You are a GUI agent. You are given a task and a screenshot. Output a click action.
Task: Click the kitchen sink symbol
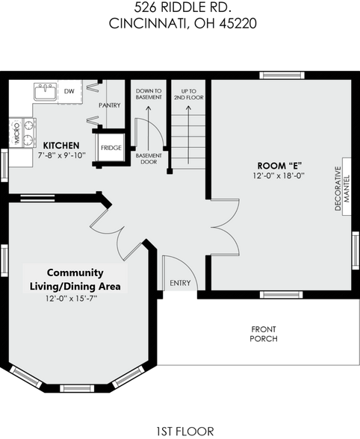[x=45, y=92]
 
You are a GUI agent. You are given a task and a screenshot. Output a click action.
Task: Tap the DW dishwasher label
[x=69, y=91]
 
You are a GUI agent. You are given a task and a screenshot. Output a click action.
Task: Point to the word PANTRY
[x=109, y=105]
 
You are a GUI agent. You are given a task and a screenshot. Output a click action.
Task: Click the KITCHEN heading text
[x=61, y=145]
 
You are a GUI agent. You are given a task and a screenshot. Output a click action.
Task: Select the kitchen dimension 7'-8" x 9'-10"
[x=61, y=155]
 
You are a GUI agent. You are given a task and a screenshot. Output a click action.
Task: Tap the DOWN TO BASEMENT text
[x=149, y=95]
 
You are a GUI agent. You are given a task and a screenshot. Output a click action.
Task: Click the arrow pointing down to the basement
[x=149, y=119]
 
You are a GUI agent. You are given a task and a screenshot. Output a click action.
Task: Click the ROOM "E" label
[x=279, y=166]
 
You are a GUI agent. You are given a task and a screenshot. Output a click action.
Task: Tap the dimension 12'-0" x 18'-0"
[x=279, y=176]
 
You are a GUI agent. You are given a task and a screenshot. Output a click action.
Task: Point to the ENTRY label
[x=180, y=283]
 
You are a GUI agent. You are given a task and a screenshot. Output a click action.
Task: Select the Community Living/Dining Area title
[x=75, y=279]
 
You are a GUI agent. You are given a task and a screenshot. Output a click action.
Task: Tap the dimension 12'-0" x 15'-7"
[x=75, y=298]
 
